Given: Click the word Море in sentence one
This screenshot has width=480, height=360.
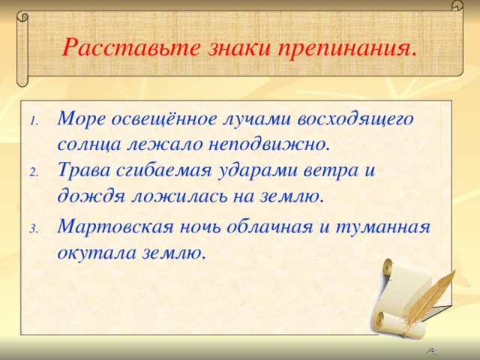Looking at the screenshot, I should point(81,118).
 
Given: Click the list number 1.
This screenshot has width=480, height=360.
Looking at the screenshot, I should point(34,121).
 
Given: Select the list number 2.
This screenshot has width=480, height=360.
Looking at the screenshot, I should point(34,172).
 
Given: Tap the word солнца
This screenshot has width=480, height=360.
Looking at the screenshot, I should point(85,142).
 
